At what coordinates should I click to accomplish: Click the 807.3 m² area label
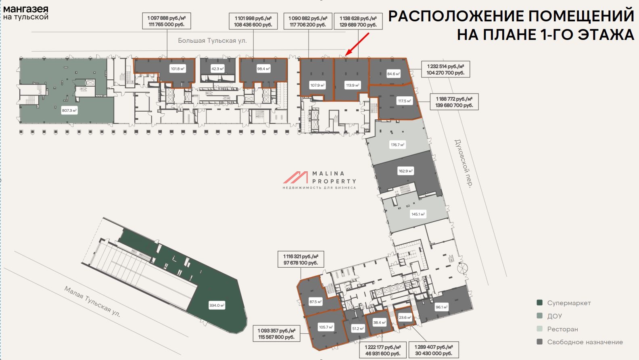pyautogui.click(x=69, y=110)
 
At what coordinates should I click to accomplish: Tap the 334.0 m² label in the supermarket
pyautogui.click(x=217, y=305)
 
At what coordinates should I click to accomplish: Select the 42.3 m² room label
pyautogui.click(x=217, y=69)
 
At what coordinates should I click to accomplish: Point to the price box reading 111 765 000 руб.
pyautogui.click(x=167, y=21)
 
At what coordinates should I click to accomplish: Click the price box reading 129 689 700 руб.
pyautogui.click(x=358, y=21)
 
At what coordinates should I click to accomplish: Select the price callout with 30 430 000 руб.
pyautogui.click(x=434, y=350)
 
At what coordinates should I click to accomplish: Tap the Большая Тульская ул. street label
pyautogui.click(x=212, y=41)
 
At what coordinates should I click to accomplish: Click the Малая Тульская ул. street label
pyautogui.click(x=92, y=301)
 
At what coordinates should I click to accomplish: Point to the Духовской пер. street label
pyautogui.click(x=463, y=163)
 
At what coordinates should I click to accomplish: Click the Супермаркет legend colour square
pyautogui.click(x=540, y=303)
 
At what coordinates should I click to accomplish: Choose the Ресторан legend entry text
pyautogui.click(x=562, y=329)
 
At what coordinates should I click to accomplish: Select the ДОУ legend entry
pyautogui.click(x=554, y=316)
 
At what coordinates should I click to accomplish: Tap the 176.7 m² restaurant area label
pyautogui.click(x=397, y=145)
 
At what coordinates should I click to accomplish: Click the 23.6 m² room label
pyautogui.click(x=405, y=317)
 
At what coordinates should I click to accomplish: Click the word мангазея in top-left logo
pyautogui.click(x=26, y=9)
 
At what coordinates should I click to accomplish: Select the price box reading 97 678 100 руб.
pyautogui.click(x=301, y=260)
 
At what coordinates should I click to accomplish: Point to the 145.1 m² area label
pyautogui.click(x=418, y=214)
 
